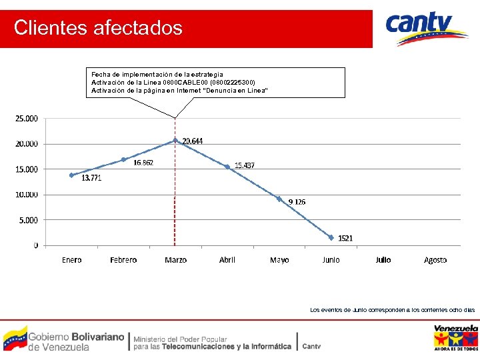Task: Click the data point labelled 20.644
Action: [x=175, y=140]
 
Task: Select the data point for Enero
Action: [x=71, y=175]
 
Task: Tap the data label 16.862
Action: [x=143, y=162]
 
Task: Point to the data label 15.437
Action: [x=244, y=165]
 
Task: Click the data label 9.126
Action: [x=297, y=201]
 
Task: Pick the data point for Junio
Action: [x=331, y=237]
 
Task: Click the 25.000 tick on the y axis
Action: [x=27, y=119]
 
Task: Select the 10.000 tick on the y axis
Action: [x=27, y=195]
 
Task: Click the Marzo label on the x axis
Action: [x=175, y=260]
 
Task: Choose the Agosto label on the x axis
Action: [x=435, y=260]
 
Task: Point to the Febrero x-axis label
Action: [x=123, y=260]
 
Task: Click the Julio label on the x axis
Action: [x=383, y=260]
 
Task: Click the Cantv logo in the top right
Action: [x=427, y=29]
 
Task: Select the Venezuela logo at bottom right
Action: [x=456, y=337]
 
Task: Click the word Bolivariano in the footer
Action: [x=97, y=337]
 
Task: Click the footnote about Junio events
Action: [x=392, y=310]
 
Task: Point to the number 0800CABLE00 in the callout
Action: [x=181, y=82]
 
